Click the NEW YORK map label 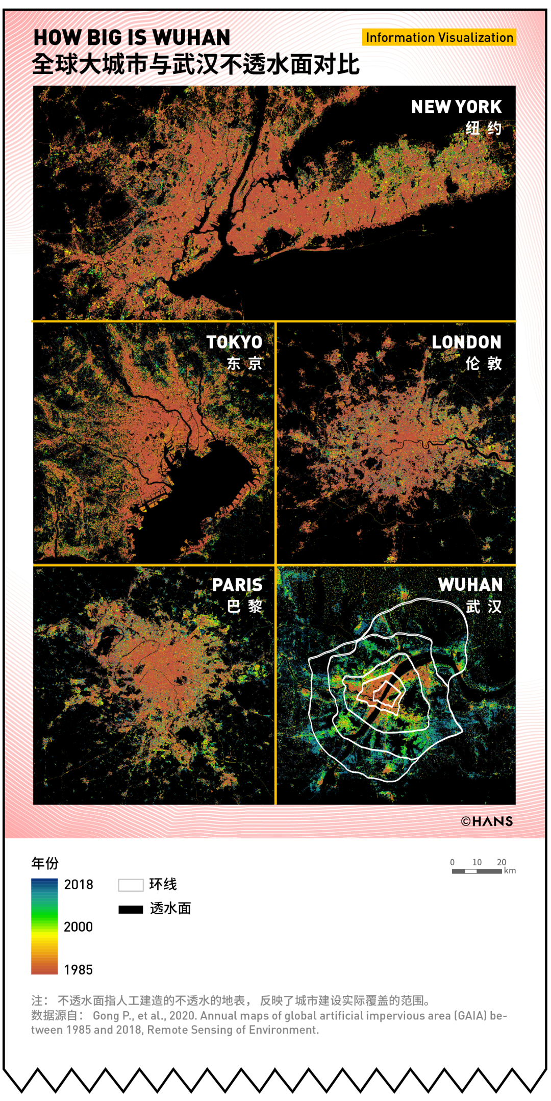click(456, 107)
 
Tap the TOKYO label click(234, 342)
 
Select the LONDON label click(466, 342)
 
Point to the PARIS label click(237, 585)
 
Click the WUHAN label click(470, 585)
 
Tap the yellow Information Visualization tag click(439, 37)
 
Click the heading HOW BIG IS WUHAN click(132, 38)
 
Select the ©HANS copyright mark click(487, 821)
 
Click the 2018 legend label click(79, 885)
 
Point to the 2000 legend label click(79, 927)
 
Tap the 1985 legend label click(79, 970)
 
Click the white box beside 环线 click(131, 885)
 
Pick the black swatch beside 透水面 click(131, 909)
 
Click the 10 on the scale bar click(477, 862)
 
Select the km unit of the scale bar click(510, 871)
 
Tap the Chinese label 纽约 click(483, 129)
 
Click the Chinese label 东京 click(244, 364)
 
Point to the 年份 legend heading click(45, 863)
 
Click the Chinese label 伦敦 click(483, 364)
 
